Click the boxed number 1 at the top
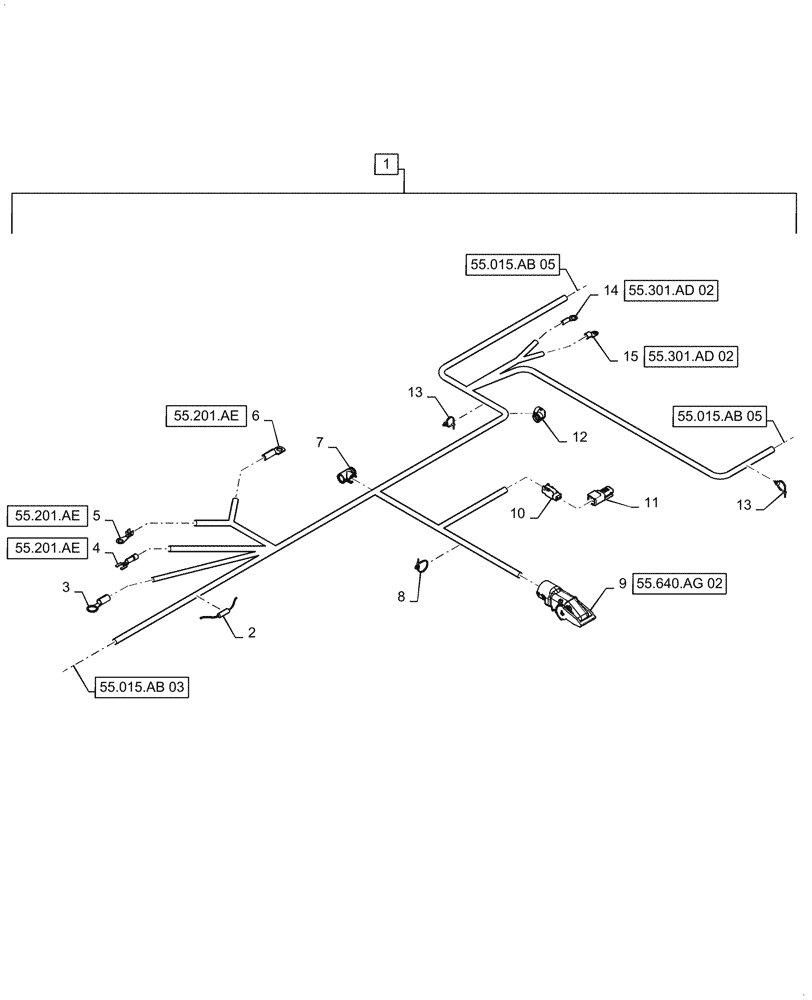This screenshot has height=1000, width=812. [387, 163]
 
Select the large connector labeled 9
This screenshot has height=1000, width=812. [568, 604]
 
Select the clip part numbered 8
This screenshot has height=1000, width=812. [421, 567]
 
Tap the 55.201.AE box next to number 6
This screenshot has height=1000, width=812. [204, 415]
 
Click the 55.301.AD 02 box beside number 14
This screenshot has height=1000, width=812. [672, 291]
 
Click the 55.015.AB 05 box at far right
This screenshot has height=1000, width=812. [719, 416]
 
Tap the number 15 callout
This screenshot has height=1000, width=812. [630, 355]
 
